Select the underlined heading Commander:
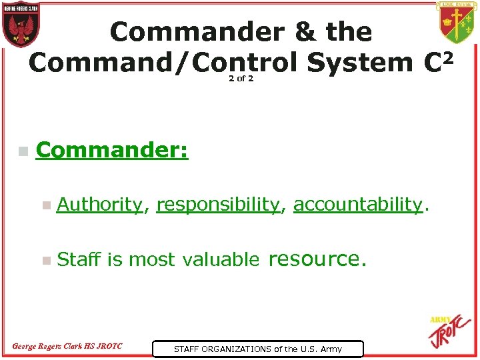click(x=112, y=151)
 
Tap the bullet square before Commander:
click(x=23, y=152)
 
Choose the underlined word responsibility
click(x=217, y=205)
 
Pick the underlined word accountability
click(x=358, y=205)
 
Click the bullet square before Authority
click(x=45, y=206)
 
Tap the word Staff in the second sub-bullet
click(x=79, y=259)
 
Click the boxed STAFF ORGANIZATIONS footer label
click(x=258, y=349)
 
